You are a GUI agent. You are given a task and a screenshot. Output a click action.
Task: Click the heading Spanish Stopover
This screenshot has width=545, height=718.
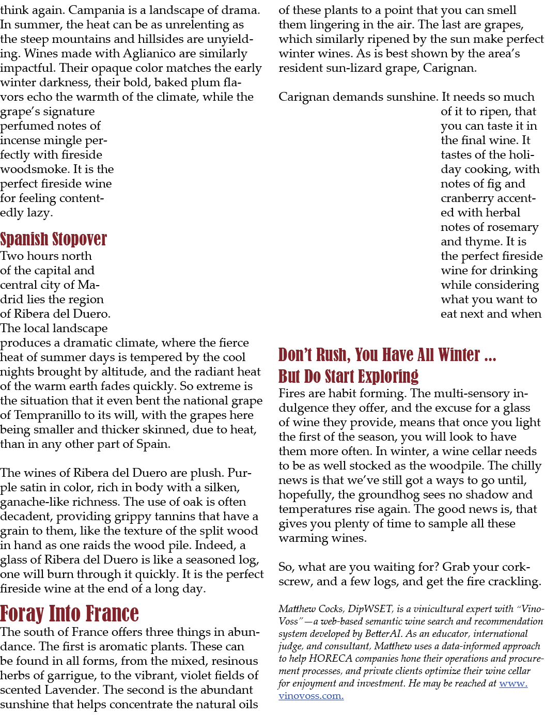[x=53, y=239]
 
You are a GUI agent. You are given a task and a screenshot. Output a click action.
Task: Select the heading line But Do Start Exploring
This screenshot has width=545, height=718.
[x=348, y=376]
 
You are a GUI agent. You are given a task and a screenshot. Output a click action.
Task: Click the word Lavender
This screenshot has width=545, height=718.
[x=72, y=689]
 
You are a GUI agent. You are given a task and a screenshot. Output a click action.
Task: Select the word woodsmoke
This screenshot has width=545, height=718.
[x=35, y=169]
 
